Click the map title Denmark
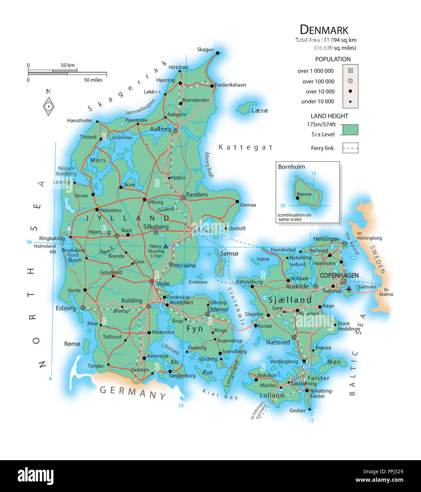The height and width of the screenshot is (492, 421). click(x=324, y=30)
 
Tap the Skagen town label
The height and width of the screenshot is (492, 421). click(x=205, y=50)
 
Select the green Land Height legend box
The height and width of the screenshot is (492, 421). click(x=350, y=130)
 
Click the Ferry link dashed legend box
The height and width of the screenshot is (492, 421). click(x=350, y=148)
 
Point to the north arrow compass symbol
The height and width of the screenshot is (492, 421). click(x=48, y=106)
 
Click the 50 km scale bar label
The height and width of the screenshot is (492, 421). click(x=68, y=65)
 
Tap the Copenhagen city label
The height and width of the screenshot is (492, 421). click(x=339, y=275)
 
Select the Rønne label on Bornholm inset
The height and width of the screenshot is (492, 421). click(x=304, y=194)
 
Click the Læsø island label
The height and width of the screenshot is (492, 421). click(x=259, y=110)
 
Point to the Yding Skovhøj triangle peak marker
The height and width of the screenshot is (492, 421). click(x=166, y=246)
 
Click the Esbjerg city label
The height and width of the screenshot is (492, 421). click(x=66, y=308)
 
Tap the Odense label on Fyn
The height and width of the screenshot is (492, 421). click(x=218, y=309)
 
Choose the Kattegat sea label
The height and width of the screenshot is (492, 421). click(x=246, y=147)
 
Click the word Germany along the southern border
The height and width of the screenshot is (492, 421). click(x=133, y=392)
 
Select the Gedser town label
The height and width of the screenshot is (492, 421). click(x=297, y=411)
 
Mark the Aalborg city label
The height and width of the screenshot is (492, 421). click(x=161, y=129)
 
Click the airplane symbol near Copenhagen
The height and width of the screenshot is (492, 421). click(x=349, y=289)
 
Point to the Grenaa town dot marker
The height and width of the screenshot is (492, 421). click(x=237, y=201)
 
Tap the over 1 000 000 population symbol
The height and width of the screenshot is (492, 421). click(x=350, y=70)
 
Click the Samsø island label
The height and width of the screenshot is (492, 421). click(x=229, y=253)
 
